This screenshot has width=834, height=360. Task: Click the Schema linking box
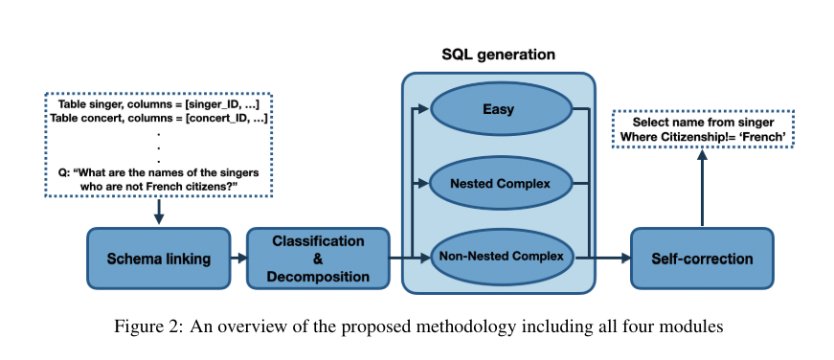coord(159,259)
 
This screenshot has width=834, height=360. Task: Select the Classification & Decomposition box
coord(318,259)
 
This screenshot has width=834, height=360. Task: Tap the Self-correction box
coord(702,259)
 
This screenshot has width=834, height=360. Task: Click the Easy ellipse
coord(500,109)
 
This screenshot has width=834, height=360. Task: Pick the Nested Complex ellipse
coord(500,184)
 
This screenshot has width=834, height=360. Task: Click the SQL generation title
coord(498,55)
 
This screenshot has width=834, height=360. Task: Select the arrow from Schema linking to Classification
coord(238,259)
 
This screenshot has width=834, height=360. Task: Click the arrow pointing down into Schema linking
coord(159,212)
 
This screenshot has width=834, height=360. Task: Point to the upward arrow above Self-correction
coord(702,187)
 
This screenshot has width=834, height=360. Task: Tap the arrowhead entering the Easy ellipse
coord(424,109)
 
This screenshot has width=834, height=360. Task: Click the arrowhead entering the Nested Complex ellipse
coord(424,184)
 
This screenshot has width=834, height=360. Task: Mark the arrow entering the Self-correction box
coord(603,259)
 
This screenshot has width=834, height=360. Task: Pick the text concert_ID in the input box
coord(218,119)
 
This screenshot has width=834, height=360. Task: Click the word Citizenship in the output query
coord(683,138)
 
